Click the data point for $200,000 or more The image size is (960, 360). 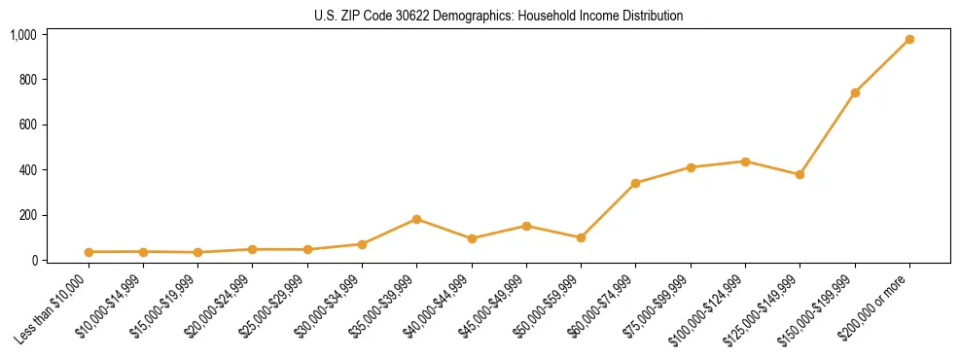tap(909, 40)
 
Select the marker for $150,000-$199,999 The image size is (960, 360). tap(855, 92)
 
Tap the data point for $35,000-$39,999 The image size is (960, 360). tap(416, 219)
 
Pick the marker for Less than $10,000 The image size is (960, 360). tap(89, 252)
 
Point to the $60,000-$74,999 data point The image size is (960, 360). tap(635, 183)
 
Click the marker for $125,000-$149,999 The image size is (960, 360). tap(800, 175)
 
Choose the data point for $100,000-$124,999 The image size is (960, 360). tap(745, 162)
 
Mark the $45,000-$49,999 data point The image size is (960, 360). tap(526, 226)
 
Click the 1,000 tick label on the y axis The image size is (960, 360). tap(23, 35)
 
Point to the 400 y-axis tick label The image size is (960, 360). tap(27, 170)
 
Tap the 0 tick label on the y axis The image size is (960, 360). tap(32, 261)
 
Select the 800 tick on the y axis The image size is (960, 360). tap(27, 80)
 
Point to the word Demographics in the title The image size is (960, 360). tap(458, 17)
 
